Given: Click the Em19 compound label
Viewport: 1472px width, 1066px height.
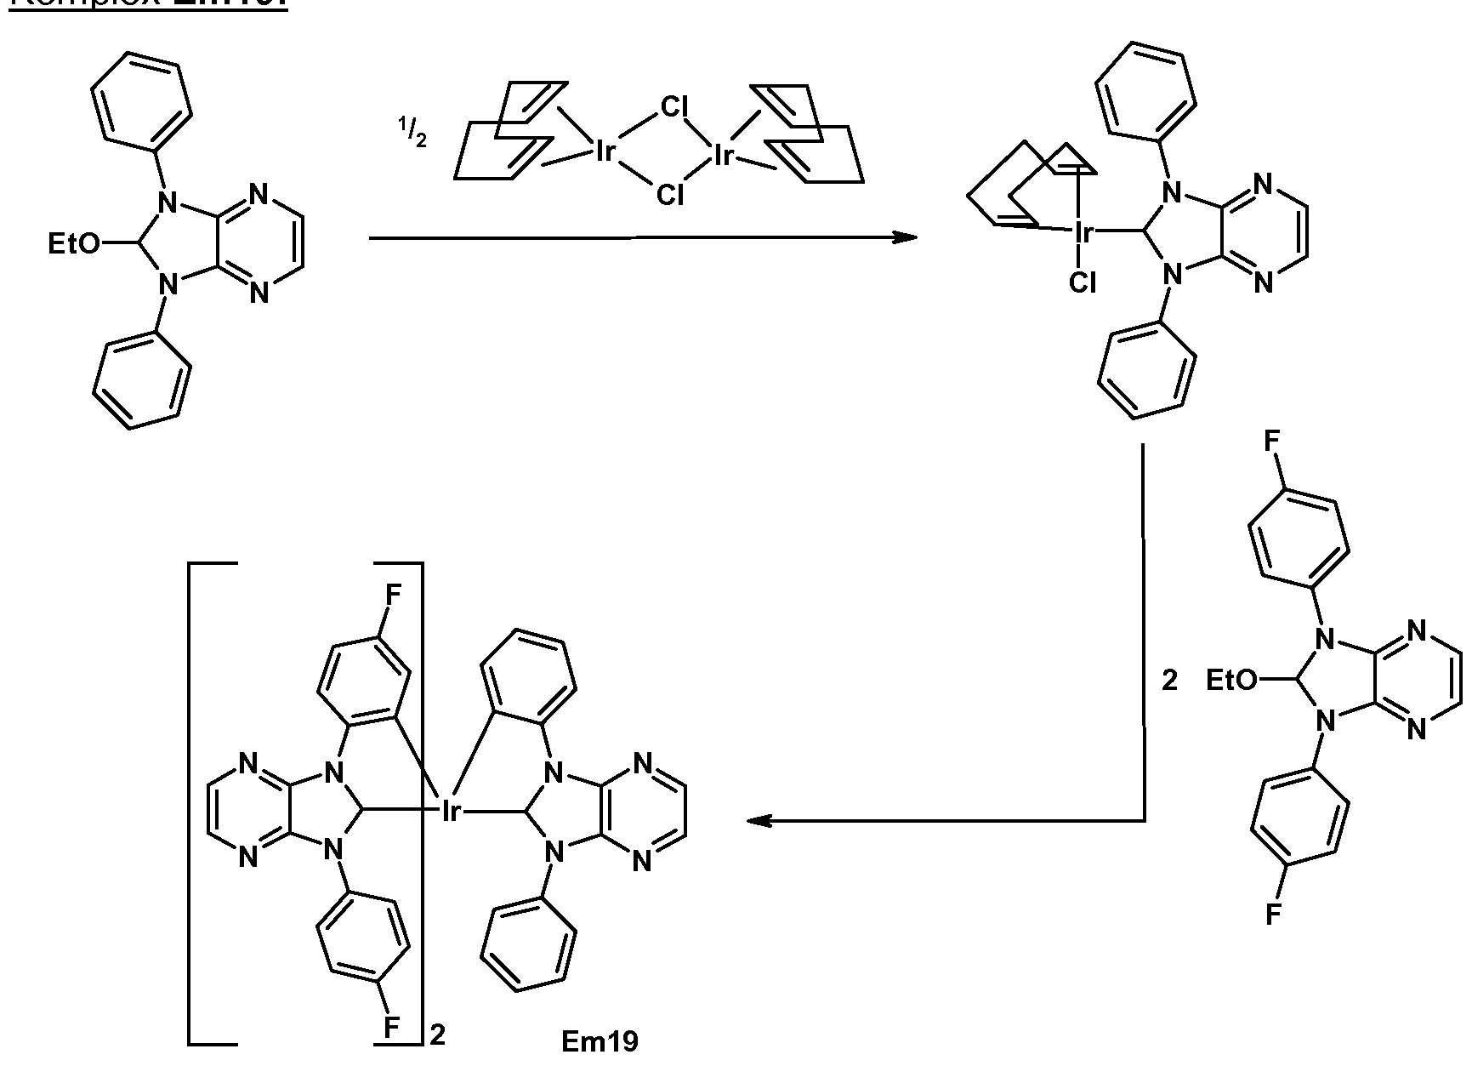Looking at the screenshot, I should pyautogui.click(x=600, y=1040).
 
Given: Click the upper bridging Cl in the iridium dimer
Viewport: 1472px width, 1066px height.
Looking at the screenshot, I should pyautogui.click(x=674, y=107).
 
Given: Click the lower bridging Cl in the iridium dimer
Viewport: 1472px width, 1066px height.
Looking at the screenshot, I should pyautogui.click(x=670, y=196).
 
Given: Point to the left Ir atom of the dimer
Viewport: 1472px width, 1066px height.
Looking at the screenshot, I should pyautogui.click(x=605, y=152).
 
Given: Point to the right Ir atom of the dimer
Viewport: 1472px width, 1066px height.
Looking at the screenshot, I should pyautogui.click(x=725, y=154).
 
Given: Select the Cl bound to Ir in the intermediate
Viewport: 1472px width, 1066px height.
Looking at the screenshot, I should pyautogui.click(x=1083, y=282).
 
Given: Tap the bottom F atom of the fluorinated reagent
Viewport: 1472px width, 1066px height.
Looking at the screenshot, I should pyautogui.click(x=1272, y=915).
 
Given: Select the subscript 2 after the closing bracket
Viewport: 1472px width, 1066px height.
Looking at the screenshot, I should pyautogui.click(x=437, y=1035).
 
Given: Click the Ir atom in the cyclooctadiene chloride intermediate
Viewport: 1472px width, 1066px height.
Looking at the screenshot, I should pyautogui.click(x=1083, y=232).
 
